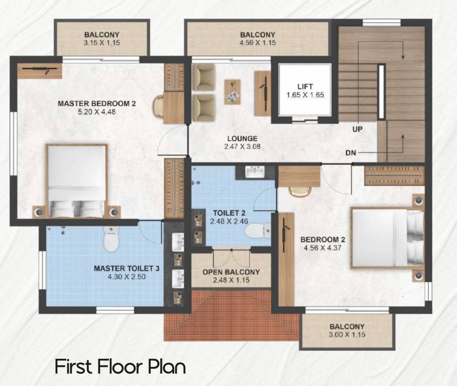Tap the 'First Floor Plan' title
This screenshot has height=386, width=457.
point(120,366)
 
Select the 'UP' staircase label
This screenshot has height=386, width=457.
point(357,129)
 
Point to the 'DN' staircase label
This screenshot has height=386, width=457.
point(351,152)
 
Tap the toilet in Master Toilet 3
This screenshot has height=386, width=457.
point(110,240)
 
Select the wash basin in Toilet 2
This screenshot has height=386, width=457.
point(255,172)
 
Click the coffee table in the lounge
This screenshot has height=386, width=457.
point(232,91)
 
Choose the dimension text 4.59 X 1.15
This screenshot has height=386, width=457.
point(258,43)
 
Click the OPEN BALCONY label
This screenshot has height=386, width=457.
point(231,272)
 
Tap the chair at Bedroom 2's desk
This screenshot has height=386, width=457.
point(298,191)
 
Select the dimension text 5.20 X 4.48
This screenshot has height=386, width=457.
point(97,112)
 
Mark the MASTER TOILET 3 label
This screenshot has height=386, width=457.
point(127,268)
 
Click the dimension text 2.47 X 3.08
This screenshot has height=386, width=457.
point(242,147)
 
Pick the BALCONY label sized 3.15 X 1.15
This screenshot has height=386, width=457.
point(102,35)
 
